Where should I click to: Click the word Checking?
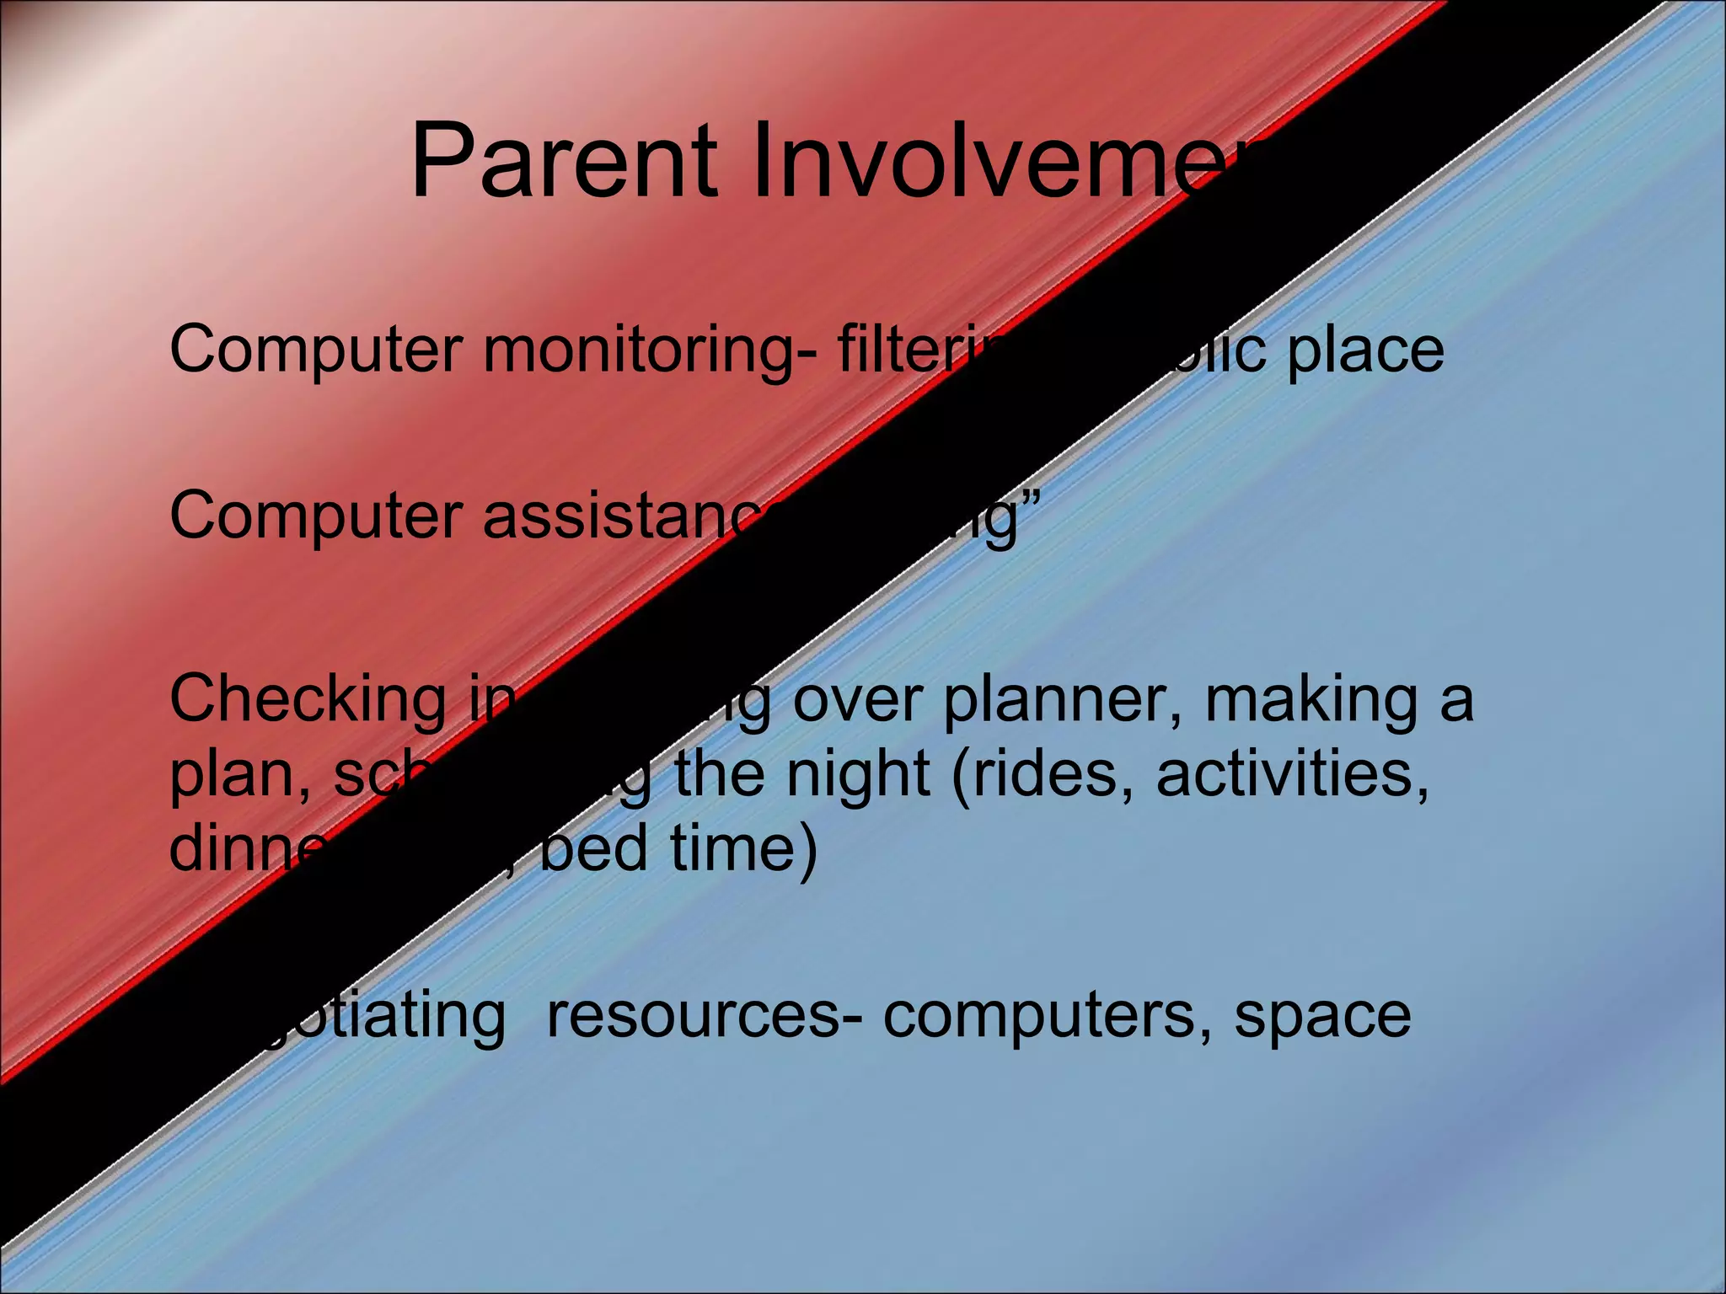(308, 699)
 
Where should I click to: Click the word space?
(1322, 1016)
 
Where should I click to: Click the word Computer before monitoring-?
(316, 350)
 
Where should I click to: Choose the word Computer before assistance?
(316, 516)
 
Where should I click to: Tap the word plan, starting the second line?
(240, 775)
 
